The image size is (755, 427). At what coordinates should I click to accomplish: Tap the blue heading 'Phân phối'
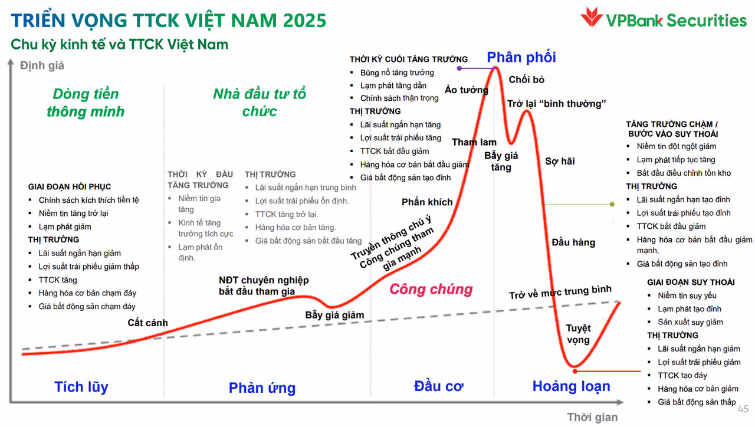click(521, 57)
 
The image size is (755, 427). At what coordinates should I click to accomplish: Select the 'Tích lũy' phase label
click(81, 387)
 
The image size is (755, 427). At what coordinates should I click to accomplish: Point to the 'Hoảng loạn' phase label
click(571, 386)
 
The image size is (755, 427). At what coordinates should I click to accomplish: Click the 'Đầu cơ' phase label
click(438, 386)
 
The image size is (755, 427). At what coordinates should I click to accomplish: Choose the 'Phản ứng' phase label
click(262, 387)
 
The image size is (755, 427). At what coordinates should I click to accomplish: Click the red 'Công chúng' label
click(431, 289)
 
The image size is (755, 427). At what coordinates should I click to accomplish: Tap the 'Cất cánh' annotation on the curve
click(147, 323)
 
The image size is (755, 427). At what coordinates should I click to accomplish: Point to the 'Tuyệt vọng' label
click(578, 334)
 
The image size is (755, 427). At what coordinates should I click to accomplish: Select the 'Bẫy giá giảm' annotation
click(334, 314)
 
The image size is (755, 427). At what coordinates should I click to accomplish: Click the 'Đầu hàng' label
click(573, 242)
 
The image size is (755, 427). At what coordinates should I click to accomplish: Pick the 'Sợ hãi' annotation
click(560, 161)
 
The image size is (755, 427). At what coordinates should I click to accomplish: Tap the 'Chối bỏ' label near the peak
click(526, 80)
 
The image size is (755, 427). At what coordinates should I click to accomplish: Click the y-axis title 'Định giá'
click(42, 65)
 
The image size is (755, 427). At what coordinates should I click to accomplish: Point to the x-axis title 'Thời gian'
click(592, 418)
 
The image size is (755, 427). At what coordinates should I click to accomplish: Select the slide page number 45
click(743, 409)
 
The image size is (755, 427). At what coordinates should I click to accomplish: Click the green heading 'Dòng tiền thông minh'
click(86, 103)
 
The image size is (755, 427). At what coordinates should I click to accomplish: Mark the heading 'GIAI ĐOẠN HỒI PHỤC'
click(70, 187)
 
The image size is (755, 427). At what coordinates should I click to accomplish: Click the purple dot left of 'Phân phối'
click(459, 68)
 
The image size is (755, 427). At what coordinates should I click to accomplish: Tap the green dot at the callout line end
click(612, 204)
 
